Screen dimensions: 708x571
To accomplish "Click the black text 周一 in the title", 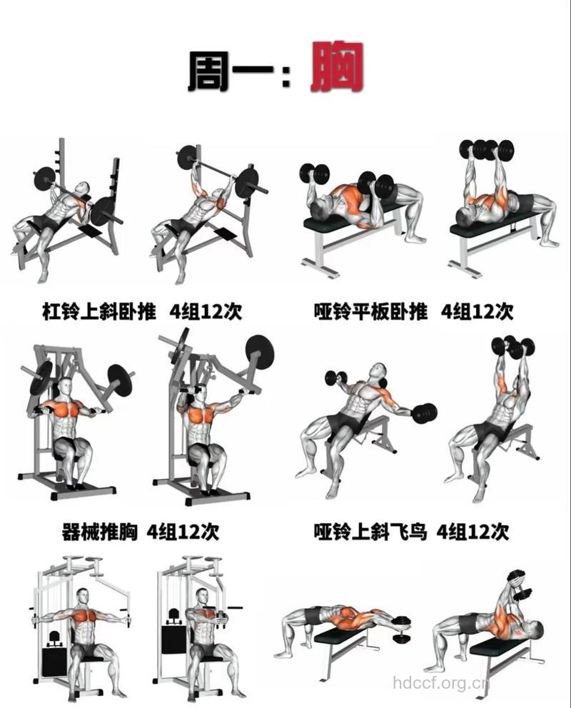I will [230, 71].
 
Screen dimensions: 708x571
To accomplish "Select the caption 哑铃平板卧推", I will [371, 311].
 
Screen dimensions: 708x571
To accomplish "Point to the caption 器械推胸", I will [100, 532].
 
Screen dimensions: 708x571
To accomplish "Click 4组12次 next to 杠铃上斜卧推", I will [206, 311].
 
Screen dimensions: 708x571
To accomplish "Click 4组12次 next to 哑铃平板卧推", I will [477, 311].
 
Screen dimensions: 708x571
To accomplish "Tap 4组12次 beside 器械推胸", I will [183, 532].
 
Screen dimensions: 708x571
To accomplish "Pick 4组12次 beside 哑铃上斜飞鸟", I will [473, 532].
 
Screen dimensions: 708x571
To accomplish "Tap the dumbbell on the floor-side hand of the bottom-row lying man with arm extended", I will [403, 622].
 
